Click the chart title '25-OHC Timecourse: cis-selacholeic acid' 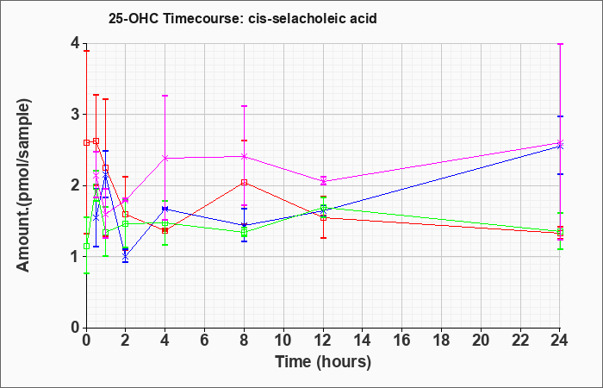242,18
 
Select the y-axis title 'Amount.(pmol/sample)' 24,185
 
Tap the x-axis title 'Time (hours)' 323,362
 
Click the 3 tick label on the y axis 75,115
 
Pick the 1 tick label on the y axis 75,257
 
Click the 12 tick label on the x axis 323,341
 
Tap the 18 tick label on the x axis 441,341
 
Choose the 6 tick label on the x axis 205,341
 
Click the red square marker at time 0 86,142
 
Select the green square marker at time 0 86,247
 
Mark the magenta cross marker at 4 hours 165,158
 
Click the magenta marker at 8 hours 244,156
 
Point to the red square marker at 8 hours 244,183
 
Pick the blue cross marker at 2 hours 126,255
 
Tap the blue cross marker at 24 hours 560,147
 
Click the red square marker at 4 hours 165,230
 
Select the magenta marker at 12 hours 323,181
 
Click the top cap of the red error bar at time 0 86,51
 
